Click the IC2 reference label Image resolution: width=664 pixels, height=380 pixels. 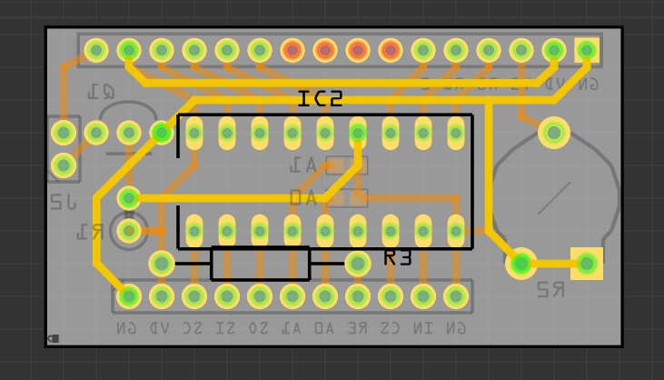[x=320, y=99]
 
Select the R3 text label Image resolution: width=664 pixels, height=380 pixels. [x=398, y=258]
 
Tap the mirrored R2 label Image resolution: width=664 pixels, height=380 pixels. [x=550, y=290]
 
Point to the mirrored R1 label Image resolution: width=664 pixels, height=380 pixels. [x=89, y=232]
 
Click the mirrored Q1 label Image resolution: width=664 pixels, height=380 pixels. [x=101, y=92]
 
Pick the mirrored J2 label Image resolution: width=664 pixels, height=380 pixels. [x=64, y=201]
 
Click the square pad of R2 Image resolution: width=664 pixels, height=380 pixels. [x=587, y=264]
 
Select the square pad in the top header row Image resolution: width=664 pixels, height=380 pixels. [x=587, y=49]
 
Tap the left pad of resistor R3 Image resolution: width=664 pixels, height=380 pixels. [x=162, y=264]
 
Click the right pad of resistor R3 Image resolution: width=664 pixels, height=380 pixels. [x=358, y=264]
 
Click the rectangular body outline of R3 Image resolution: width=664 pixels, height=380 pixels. [x=260, y=264]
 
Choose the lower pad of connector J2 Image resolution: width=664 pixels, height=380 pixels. [x=64, y=165]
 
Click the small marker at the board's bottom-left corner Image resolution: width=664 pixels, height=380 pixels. [x=54, y=338]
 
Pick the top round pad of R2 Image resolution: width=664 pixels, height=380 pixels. [x=554, y=133]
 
